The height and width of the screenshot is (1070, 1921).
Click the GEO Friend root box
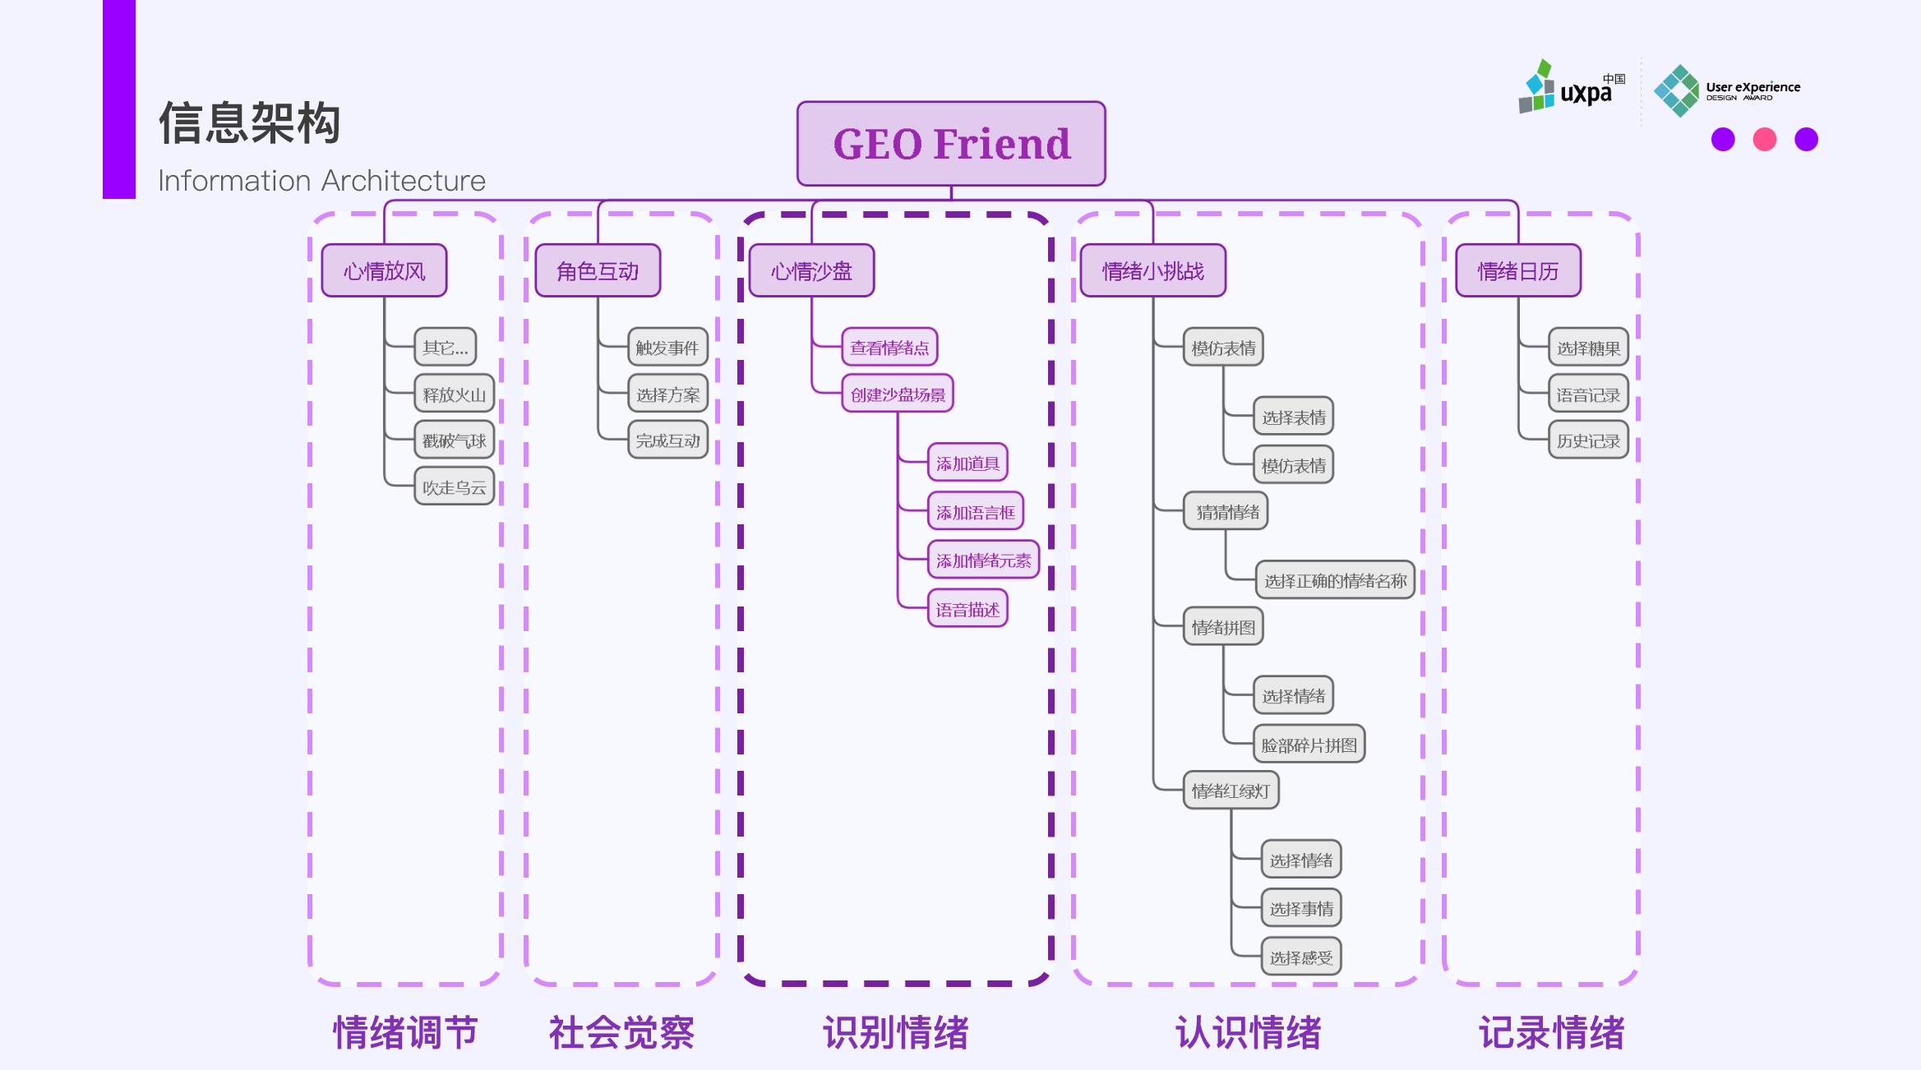(x=951, y=144)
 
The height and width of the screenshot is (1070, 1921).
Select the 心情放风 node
(x=384, y=270)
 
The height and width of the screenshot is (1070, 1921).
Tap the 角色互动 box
(x=598, y=270)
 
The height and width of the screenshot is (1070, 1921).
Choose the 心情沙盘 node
(x=811, y=270)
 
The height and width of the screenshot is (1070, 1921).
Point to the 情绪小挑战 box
(x=1152, y=270)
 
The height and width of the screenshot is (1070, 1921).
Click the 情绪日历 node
(x=1517, y=270)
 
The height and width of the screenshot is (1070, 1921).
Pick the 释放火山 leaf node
(x=454, y=394)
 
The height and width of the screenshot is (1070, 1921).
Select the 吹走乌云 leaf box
(x=454, y=487)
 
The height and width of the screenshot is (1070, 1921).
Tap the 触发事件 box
(x=667, y=348)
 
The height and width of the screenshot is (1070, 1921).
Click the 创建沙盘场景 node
(x=898, y=394)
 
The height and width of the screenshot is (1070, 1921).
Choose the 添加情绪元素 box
(x=983, y=560)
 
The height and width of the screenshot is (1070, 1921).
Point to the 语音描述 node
(x=967, y=610)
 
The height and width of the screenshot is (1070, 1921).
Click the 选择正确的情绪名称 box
(x=1335, y=581)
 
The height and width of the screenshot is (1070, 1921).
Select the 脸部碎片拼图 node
(x=1309, y=745)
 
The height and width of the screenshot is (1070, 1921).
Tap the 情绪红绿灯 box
(x=1231, y=791)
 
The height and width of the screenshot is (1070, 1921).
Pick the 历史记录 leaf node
(x=1588, y=440)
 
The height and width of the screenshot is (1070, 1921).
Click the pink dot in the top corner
(x=1764, y=140)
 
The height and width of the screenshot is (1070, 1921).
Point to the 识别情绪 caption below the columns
(x=896, y=1033)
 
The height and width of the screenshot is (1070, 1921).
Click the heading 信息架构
(x=249, y=123)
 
